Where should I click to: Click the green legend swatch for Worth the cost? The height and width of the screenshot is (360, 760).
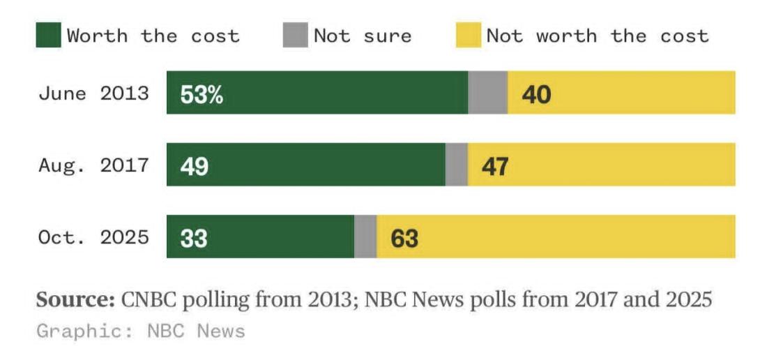[49, 35]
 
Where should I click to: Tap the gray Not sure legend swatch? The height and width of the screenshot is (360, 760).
[295, 35]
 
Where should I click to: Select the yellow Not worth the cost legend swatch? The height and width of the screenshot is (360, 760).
[468, 35]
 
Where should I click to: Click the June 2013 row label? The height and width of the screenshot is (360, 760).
[93, 93]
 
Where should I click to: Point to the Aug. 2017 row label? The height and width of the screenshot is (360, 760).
[93, 165]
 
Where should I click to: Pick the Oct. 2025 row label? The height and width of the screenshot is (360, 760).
[93, 237]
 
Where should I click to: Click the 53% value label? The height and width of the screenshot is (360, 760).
[202, 94]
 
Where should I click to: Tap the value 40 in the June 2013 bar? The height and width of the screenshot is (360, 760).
[536, 94]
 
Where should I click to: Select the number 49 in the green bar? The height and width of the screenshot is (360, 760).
[194, 166]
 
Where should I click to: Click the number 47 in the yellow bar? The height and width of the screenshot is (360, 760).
[494, 166]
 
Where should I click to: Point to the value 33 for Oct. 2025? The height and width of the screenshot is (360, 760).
[194, 238]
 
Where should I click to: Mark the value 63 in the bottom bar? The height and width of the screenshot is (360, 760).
[404, 238]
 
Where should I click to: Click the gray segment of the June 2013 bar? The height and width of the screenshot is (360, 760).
[487, 92]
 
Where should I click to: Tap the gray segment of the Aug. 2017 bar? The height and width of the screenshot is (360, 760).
[456, 165]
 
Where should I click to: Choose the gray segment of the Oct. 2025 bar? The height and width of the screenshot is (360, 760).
[365, 237]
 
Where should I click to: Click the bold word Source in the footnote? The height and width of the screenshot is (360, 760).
[75, 300]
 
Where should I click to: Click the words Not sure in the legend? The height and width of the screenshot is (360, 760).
[363, 35]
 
